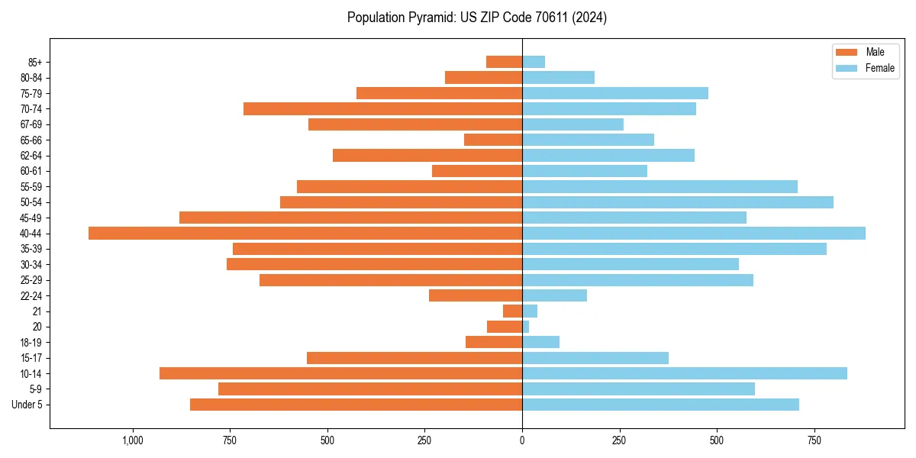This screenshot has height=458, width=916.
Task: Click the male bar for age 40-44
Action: pyautogui.click(x=305, y=233)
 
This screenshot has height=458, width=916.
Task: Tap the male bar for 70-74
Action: pyautogui.click(x=382, y=108)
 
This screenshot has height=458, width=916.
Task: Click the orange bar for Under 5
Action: pyautogui.click(x=356, y=405)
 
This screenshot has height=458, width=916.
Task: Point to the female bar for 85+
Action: pyautogui.click(x=533, y=62)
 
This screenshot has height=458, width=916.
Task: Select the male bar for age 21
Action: pyautogui.click(x=512, y=311)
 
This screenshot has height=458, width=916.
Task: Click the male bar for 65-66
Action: pyautogui.click(x=493, y=140)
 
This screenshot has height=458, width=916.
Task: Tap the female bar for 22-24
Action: pyautogui.click(x=554, y=295)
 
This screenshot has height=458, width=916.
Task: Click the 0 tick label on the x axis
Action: pyautogui.click(x=522, y=440)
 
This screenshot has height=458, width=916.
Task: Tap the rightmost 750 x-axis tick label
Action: pyautogui.click(x=814, y=440)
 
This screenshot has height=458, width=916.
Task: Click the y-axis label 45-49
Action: pyautogui.click(x=31, y=218)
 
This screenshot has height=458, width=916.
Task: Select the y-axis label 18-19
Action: pyautogui.click(x=31, y=342)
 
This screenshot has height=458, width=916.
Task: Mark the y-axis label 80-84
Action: pyautogui.click(x=31, y=77)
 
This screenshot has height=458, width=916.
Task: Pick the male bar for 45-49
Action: pyautogui.click(x=350, y=218)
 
